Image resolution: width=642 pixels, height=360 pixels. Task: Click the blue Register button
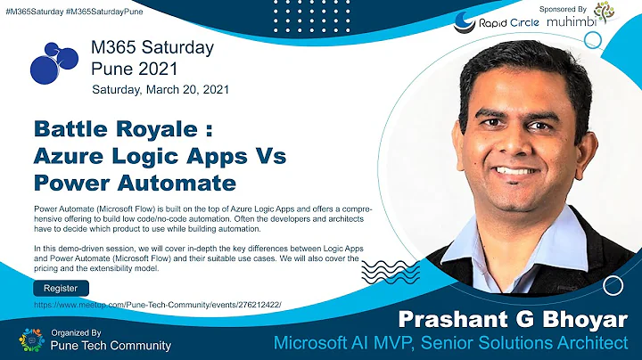(61, 288)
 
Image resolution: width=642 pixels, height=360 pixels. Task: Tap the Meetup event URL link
(157, 305)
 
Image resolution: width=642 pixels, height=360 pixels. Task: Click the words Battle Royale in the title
(115, 130)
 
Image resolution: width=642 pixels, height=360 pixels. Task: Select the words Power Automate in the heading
(135, 183)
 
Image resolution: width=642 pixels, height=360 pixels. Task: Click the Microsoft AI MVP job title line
(457, 342)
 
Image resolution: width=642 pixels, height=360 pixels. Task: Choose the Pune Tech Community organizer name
(111, 345)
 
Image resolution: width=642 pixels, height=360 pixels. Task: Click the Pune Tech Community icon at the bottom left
(30, 340)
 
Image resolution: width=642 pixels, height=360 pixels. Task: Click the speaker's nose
(519, 143)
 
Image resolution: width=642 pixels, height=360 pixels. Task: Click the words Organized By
(77, 331)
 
